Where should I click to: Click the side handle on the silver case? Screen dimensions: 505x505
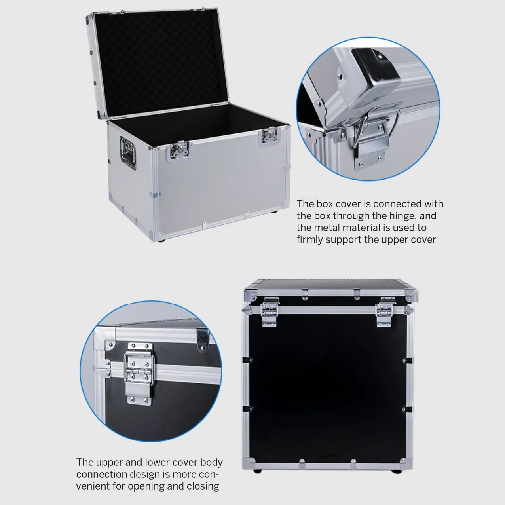click(x=128, y=154)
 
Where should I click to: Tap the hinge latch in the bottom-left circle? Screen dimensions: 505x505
click(x=139, y=372)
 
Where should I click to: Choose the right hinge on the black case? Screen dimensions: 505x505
click(x=384, y=313)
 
